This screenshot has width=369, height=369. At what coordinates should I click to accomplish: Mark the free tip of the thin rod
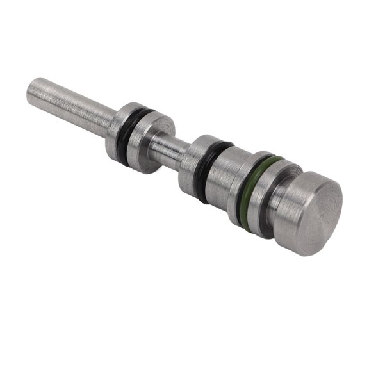tap(32, 86)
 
